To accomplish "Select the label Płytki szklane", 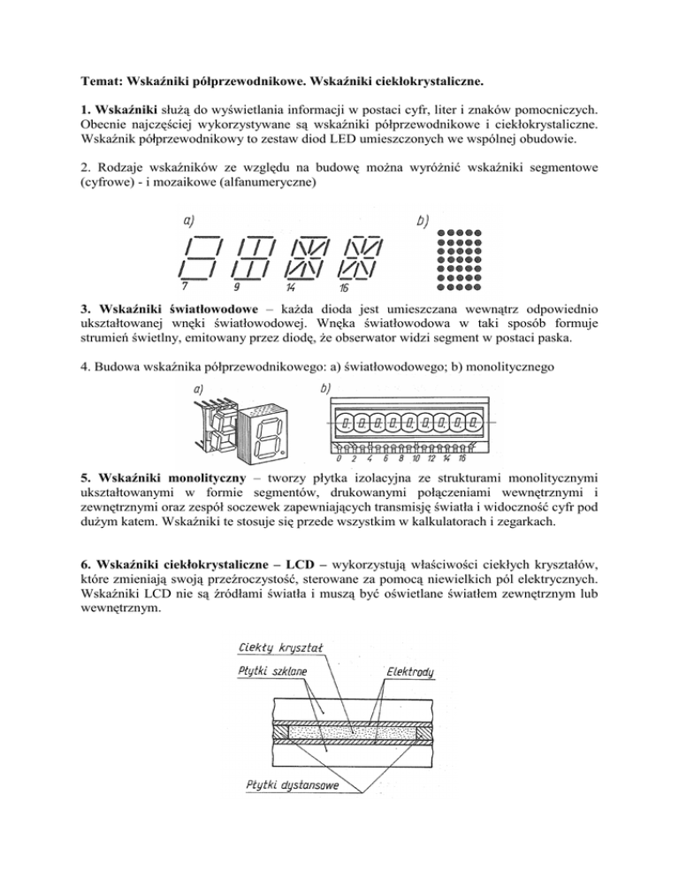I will pyautogui.click(x=271, y=672).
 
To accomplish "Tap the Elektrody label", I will pyautogui.click(x=410, y=673).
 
